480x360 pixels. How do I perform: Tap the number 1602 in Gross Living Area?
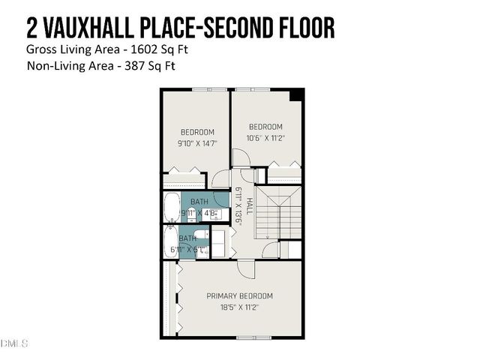(x=136, y=49)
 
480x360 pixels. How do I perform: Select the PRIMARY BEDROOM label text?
(x=240, y=295)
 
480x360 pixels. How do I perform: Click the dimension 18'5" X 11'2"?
(x=240, y=307)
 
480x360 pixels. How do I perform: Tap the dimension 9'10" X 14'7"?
(x=197, y=143)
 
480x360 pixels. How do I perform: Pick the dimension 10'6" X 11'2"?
(x=265, y=138)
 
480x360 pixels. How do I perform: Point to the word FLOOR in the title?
(x=306, y=28)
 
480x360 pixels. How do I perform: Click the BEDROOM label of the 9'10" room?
(x=197, y=132)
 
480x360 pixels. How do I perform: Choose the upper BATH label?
(x=199, y=202)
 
